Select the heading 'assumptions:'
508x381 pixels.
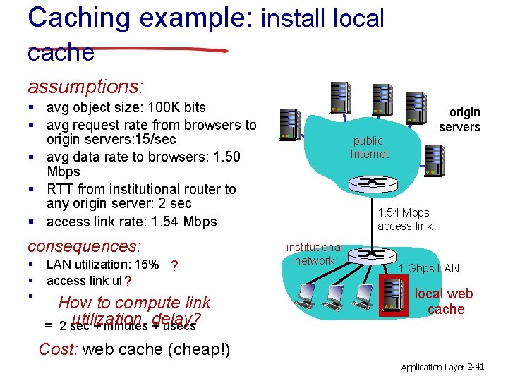[x=85, y=87]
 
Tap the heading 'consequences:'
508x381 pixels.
[x=84, y=246]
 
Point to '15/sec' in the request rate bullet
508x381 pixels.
[x=153, y=140]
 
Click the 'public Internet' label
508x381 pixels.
[x=369, y=147]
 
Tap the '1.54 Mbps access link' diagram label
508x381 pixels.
[x=404, y=219]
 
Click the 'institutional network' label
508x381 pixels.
[x=314, y=254]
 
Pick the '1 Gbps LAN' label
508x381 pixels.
[x=429, y=268]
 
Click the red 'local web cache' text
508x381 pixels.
[x=444, y=301]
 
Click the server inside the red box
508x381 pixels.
[x=394, y=296]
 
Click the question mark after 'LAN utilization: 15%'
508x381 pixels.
[x=174, y=265]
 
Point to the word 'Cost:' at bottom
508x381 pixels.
[x=58, y=349]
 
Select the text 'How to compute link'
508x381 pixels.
[x=135, y=303]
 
